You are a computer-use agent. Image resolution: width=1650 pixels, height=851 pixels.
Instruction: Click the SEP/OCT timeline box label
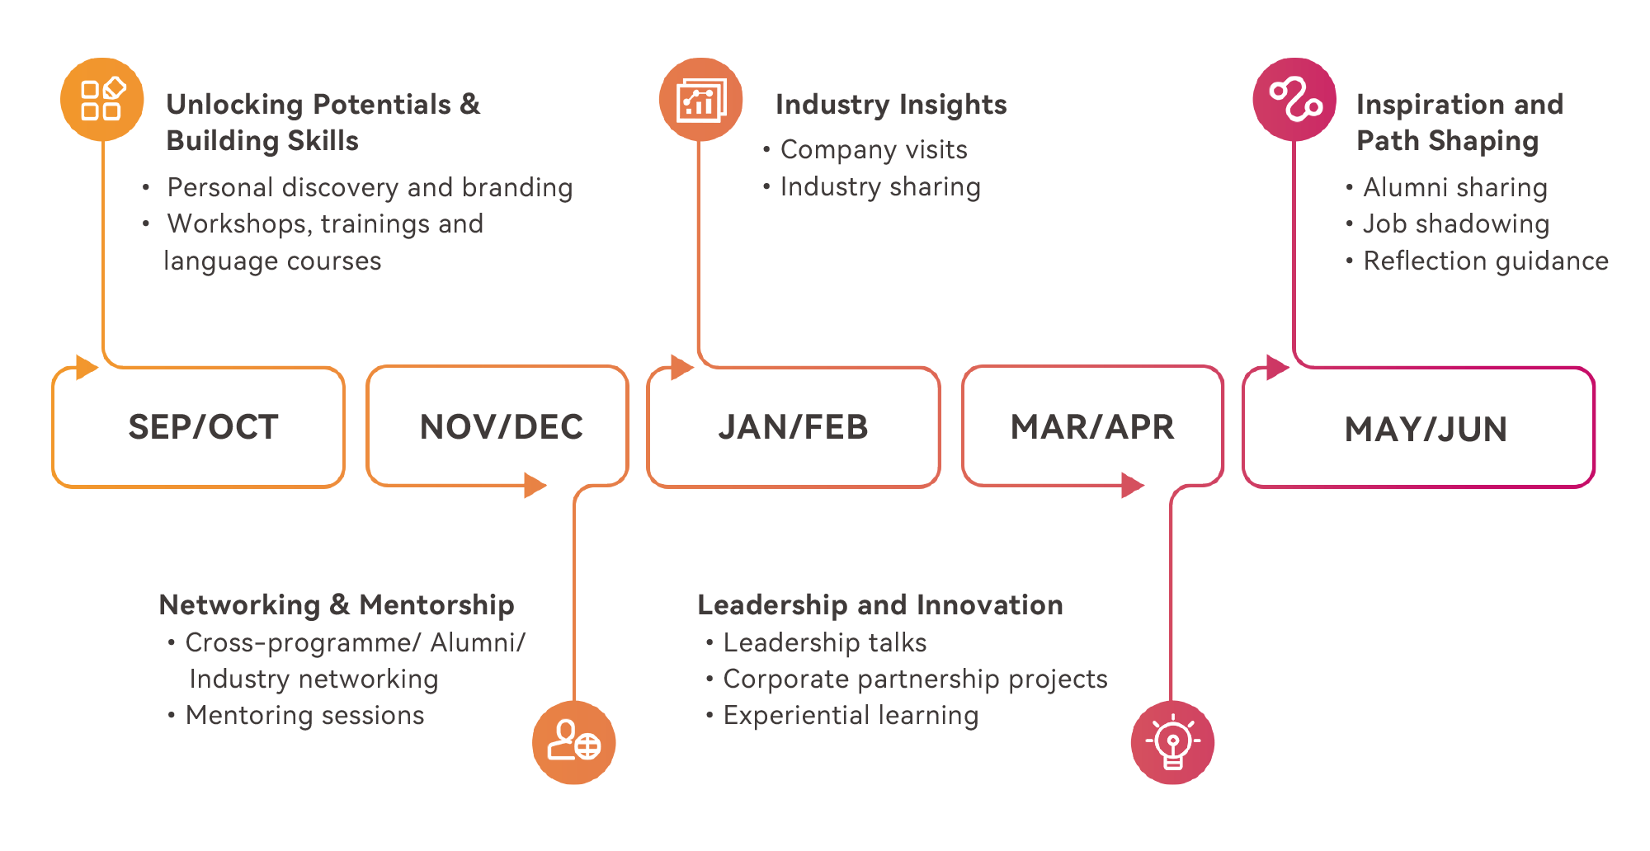203,427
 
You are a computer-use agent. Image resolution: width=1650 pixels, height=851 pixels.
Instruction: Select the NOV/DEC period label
501,427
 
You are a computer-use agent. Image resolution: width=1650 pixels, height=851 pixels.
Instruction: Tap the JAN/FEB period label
793,427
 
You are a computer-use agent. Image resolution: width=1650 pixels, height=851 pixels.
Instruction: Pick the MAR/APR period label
1092,427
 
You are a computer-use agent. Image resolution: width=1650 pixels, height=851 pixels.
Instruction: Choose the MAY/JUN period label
1426,430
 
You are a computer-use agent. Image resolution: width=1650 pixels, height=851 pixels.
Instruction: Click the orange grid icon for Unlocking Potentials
102,100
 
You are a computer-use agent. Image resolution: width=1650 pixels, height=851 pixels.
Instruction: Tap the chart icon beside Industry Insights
700,100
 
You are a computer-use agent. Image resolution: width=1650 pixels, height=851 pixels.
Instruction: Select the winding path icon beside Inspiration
1294,100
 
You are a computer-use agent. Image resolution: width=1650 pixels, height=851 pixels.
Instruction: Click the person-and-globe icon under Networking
574,742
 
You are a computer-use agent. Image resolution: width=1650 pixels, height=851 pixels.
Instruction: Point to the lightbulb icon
1172,742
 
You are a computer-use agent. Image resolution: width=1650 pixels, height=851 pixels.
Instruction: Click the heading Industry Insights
891,105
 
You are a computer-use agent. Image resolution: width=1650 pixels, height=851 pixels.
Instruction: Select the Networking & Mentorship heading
337,604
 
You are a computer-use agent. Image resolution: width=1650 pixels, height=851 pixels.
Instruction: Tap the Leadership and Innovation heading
880,604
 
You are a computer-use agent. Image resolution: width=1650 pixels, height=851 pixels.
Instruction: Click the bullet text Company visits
873,149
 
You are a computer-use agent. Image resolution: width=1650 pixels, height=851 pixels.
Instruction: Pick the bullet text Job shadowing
1455,223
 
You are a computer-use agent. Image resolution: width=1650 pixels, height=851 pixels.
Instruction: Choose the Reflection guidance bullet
1485,261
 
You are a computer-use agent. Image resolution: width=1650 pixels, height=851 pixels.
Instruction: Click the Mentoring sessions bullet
304,715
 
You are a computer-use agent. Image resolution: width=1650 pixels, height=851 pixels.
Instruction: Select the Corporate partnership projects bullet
915,679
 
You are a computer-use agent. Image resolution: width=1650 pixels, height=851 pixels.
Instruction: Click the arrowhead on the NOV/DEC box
535,485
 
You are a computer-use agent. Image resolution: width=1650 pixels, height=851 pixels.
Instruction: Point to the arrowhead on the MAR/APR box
1133,485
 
